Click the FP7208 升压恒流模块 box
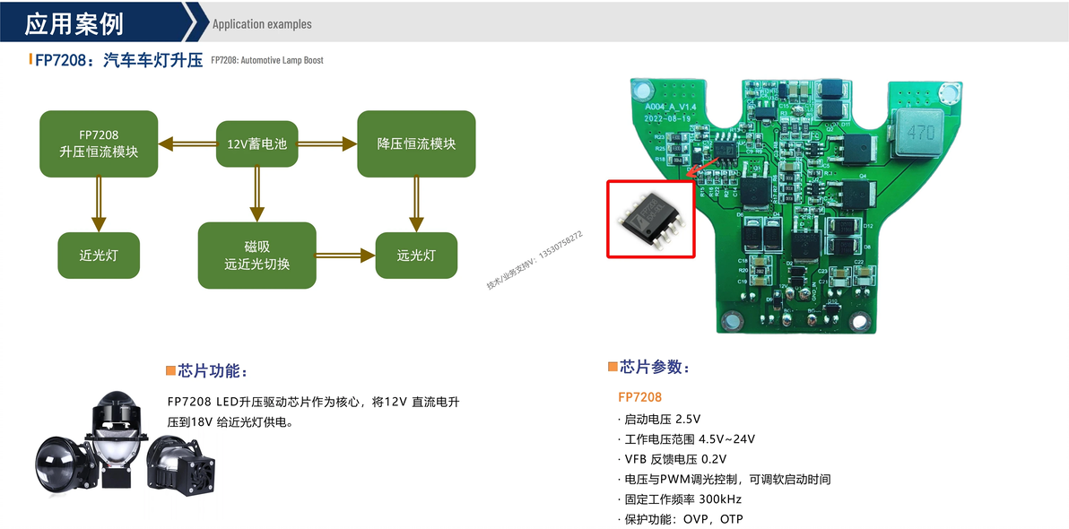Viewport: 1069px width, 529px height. pyautogui.click(x=99, y=143)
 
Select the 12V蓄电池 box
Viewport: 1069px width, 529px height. pyautogui.click(x=256, y=143)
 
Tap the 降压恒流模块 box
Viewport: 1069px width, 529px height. pyautogui.click(x=416, y=143)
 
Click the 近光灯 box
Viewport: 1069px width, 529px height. pyautogui.click(x=98, y=256)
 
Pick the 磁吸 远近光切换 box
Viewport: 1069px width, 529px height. pyautogui.click(x=256, y=256)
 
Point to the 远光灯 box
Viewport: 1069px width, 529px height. pyautogui.click(x=416, y=256)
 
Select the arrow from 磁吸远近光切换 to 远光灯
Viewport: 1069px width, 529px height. pyautogui.click(x=346, y=256)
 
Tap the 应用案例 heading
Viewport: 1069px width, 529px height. pyautogui.click(x=74, y=23)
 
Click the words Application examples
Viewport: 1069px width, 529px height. pyautogui.click(x=262, y=24)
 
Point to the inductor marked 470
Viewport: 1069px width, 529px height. pyautogui.click(x=920, y=131)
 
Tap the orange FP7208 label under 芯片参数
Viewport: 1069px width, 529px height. pyautogui.click(x=639, y=396)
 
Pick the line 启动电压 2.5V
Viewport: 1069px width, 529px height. pyautogui.click(x=662, y=419)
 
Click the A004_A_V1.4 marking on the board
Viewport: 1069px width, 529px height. pyautogui.click(x=670, y=106)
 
